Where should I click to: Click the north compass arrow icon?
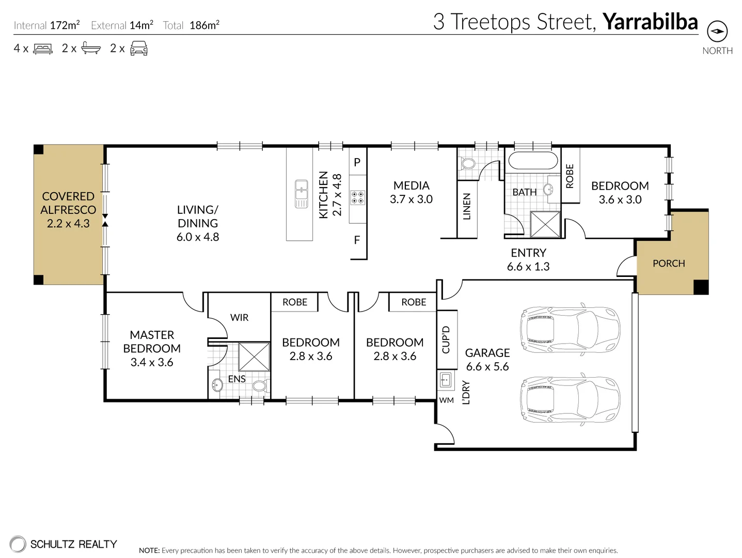tap(717, 32)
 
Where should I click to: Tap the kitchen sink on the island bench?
tap(301, 194)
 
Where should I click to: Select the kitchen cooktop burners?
tap(357, 197)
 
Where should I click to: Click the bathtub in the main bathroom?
tap(533, 161)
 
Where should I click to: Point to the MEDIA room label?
tap(411, 185)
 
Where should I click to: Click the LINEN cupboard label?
tap(466, 206)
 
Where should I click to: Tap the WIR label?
tap(240, 318)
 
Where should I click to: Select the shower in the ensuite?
tap(254, 357)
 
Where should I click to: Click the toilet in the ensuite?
tap(261, 385)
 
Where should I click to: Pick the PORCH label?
tap(669, 263)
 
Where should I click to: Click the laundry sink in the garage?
tap(445, 380)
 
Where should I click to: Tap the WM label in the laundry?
tap(446, 400)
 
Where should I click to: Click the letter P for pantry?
tap(357, 162)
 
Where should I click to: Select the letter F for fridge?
tap(357, 240)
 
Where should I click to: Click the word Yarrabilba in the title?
tap(651, 22)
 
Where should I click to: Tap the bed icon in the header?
tap(42, 49)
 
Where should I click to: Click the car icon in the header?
tap(138, 49)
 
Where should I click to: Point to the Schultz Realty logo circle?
tap(18, 544)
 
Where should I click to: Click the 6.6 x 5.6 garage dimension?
tap(487, 367)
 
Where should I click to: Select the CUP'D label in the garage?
tap(446, 339)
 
